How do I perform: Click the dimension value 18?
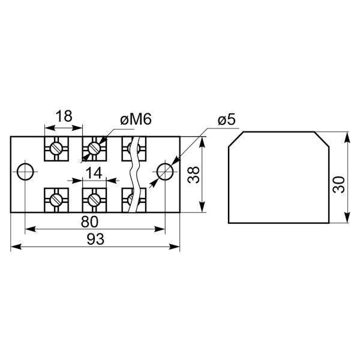[64, 116]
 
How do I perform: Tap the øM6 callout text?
[136, 119]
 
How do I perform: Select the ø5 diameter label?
[227, 119]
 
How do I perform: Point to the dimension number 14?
[94, 173]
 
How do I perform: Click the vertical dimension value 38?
[194, 175]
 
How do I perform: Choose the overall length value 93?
[95, 239]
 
